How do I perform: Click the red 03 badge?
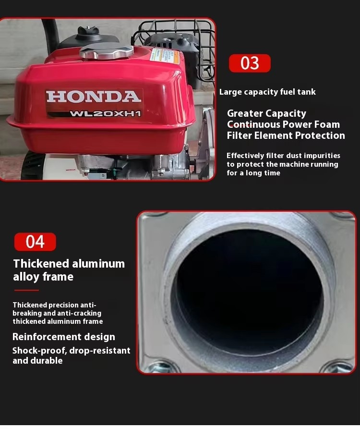point(250,63)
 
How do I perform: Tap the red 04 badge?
point(35,242)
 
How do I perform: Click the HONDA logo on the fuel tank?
point(94,97)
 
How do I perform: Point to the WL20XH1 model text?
point(105,113)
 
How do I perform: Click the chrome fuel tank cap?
point(107,52)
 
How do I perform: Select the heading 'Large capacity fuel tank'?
point(267,92)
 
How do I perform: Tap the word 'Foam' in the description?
point(327,124)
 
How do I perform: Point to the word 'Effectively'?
point(245,156)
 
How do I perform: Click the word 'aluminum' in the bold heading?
point(98,264)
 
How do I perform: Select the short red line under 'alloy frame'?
point(26,290)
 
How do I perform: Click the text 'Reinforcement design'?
point(64,337)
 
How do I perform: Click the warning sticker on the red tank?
point(165,57)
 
